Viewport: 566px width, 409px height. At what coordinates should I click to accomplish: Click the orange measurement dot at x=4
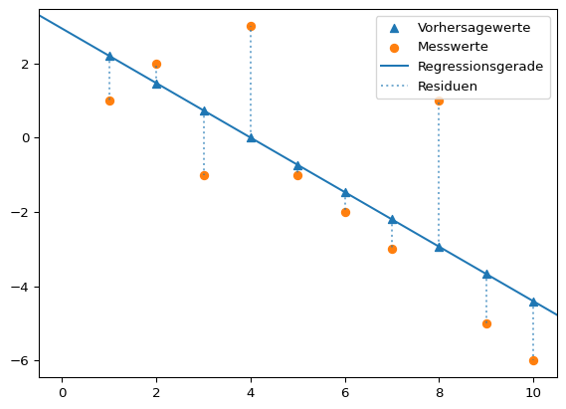coord(251,27)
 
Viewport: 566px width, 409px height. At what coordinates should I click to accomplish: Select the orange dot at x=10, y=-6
coord(533,360)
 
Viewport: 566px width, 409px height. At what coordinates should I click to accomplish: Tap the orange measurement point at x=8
coord(439,101)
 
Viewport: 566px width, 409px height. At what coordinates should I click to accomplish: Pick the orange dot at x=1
coord(109,101)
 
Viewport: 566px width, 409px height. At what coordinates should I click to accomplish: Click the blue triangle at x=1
coord(109,57)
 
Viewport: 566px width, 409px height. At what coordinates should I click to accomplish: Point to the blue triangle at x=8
coord(439,247)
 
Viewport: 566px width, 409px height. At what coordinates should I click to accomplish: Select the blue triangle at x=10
coord(533,302)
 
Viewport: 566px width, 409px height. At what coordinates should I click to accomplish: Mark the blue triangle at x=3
coord(204,111)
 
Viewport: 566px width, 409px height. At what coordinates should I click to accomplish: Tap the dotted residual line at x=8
coord(439,174)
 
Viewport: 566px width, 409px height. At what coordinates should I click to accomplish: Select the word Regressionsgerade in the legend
coord(480,67)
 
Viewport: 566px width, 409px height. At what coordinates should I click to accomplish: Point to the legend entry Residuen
coord(448,87)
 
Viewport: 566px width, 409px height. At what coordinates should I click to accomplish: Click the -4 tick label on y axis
coord(23,287)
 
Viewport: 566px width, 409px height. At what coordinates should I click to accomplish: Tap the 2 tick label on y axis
coord(27,64)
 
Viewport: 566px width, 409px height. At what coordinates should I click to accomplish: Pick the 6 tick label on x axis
coord(345,392)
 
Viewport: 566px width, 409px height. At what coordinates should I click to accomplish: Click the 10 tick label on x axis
coord(533,392)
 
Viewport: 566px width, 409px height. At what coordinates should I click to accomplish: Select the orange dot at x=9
coord(486,323)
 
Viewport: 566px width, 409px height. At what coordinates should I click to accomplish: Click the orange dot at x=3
coord(204,175)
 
